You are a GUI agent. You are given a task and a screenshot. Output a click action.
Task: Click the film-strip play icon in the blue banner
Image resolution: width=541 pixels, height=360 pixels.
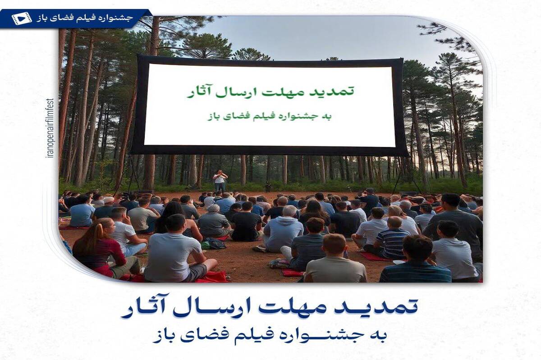(x=22, y=18)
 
